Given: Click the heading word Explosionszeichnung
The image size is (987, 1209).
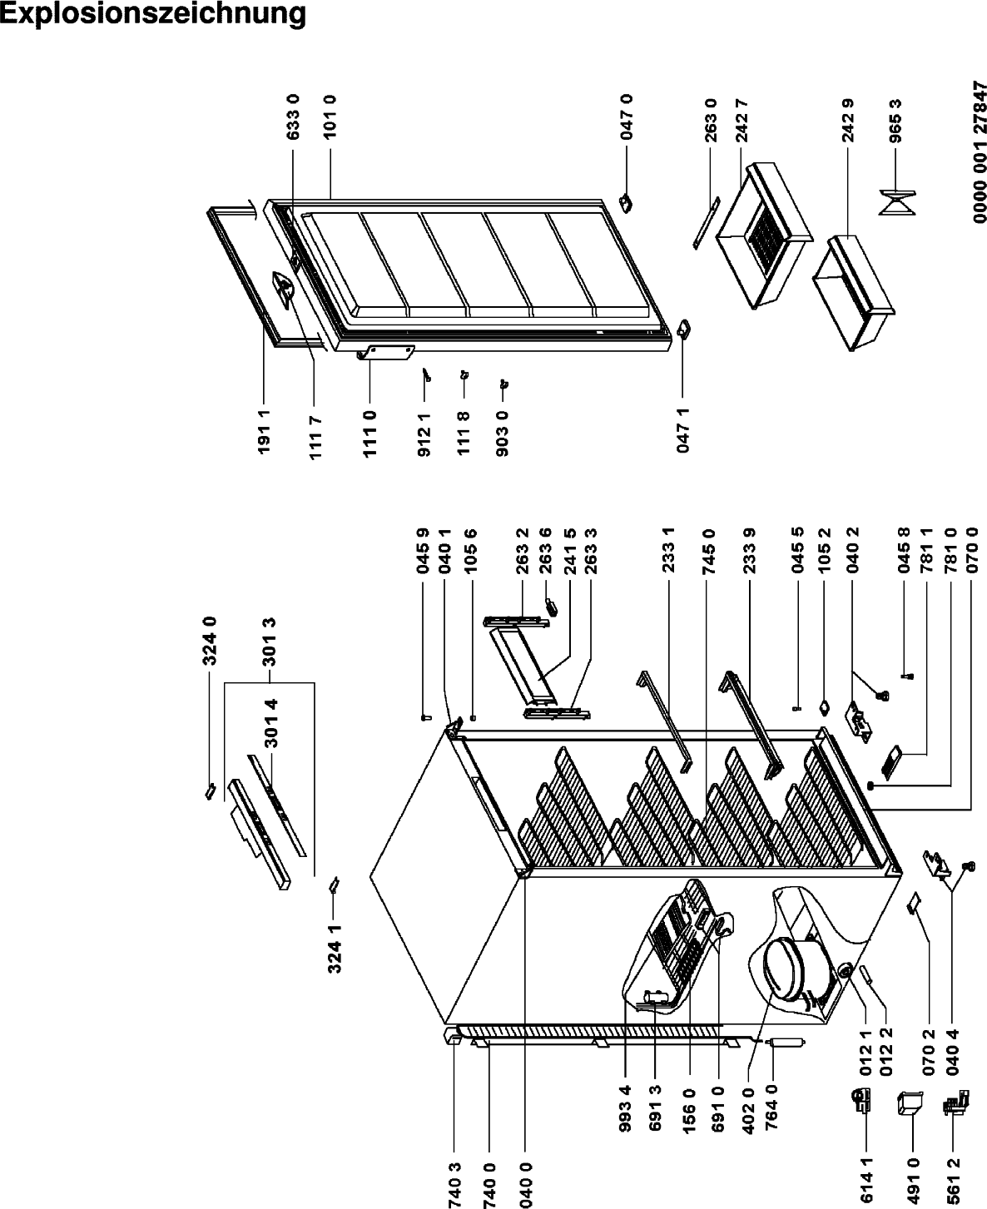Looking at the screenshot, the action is tap(152, 14).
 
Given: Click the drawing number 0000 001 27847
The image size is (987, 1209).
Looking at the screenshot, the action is tap(980, 152).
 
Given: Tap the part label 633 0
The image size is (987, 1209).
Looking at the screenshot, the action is tap(293, 117).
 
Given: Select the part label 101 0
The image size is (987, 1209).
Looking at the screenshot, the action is tap(330, 117).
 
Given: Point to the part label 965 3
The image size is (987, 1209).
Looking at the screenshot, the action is tap(895, 121).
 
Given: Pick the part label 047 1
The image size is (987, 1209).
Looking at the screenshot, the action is tap(682, 430).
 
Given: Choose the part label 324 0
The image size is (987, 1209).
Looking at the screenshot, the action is tap(210, 641).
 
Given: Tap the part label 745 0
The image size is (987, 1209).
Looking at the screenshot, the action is tap(708, 552).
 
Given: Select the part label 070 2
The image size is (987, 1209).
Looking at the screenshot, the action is tap(929, 1053).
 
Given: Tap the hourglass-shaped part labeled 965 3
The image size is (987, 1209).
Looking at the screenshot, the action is tap(897, 203).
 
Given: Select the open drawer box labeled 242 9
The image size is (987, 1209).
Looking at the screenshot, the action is tap(853, 293).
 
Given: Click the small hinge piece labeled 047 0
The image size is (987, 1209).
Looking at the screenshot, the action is tap(627, 203).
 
